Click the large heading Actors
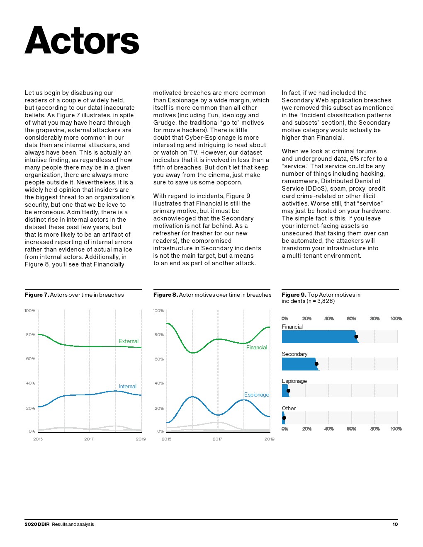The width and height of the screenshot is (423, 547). point(82,41)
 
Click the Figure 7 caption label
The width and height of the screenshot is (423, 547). point(37,295)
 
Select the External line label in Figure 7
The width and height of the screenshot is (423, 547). point(129,341)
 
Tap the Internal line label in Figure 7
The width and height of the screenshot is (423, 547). point(127,386)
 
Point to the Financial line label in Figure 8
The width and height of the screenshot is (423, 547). point(257,347)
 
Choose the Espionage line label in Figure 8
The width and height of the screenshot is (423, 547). point(256,395)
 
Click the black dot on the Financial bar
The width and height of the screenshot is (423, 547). point(356,336)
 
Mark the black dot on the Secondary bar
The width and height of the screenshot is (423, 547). point(316,364)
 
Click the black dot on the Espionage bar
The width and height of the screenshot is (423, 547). point(288,391)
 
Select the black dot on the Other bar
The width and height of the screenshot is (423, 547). point(284,418)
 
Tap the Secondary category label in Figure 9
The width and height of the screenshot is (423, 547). point(294,354)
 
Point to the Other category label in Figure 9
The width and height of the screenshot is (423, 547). point(289,408)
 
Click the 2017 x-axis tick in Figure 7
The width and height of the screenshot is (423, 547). point(89,439)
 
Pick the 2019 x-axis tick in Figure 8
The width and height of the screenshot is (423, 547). point(269,439)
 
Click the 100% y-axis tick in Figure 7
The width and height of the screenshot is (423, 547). point(30,310)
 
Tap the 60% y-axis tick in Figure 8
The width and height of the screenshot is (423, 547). point(159,359)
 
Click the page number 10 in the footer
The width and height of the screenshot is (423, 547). point(395,524)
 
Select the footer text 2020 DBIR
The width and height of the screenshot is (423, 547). point(37,524)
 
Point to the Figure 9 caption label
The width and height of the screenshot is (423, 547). point(294,295)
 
